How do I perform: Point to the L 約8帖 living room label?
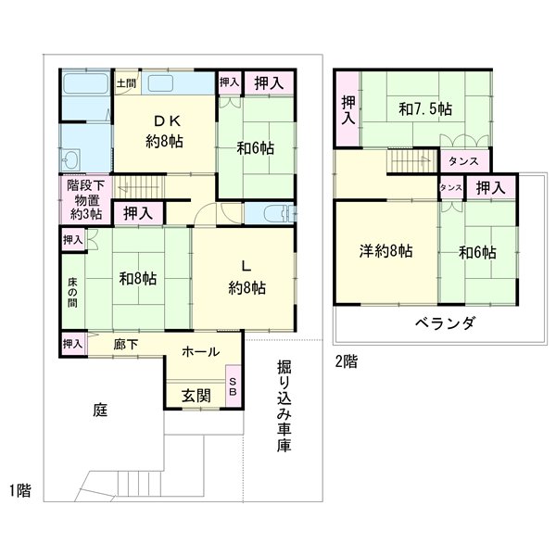pyautogui.click(x=246, y=277)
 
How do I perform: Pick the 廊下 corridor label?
pyautogui.click(x=126, y=342)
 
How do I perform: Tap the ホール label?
pyautogui.click(x=200, y=351)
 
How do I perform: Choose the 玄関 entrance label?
pyautogui.click(x=196, y=395)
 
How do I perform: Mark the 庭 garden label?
pyautogui.click(x=99, y=409)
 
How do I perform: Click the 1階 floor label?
pyautogui.click(x=20, y=490)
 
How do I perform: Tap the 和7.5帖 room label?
pyautogui.click(x=425, y=109)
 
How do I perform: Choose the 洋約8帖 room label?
pyautogui.click(x=386, y=250)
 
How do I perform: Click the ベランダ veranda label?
pyautogui.click(x=445, y=323)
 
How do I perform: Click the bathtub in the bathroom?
pyautogui.click(x=86, y=93)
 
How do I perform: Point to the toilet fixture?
pyautogui.click(x=274, y=216)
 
